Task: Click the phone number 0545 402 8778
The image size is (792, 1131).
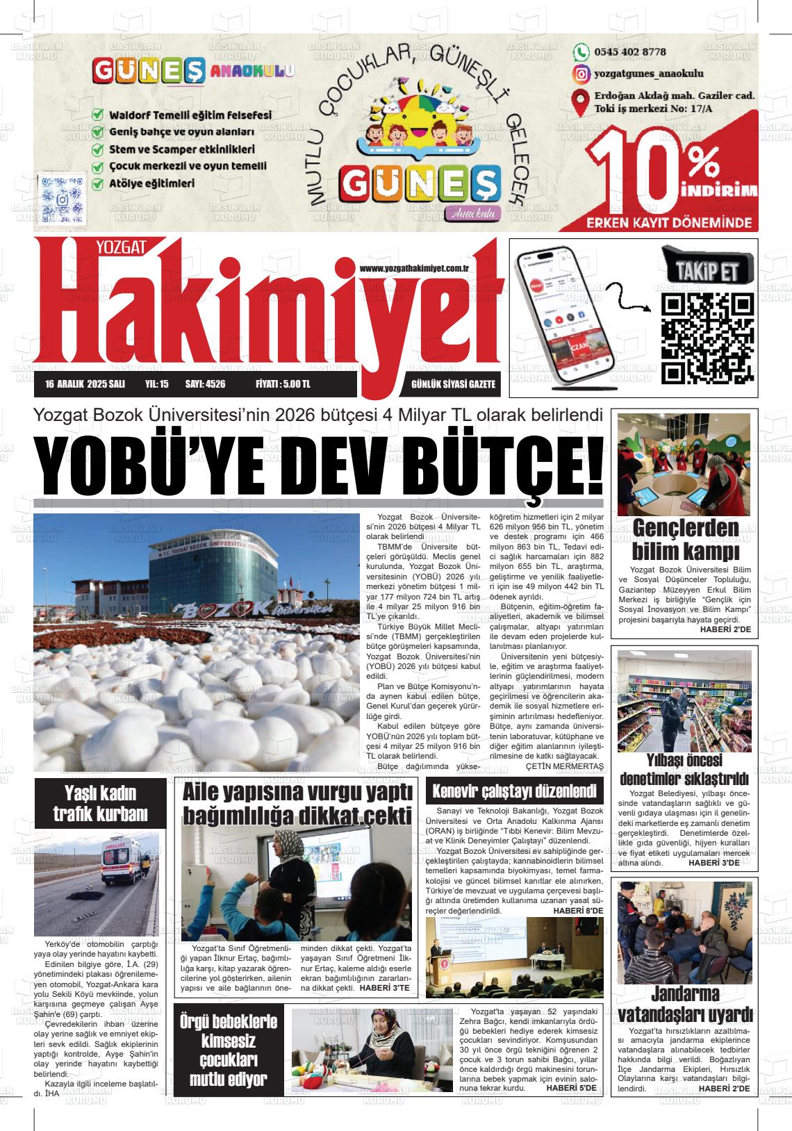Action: click(629, 52)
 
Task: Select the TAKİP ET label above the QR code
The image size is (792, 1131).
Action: click(707, 270)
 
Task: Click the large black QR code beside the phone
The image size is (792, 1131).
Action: click(707, 338)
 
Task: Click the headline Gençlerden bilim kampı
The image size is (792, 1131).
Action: click(685, 540)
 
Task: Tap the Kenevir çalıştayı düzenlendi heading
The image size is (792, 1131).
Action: click(515, 791)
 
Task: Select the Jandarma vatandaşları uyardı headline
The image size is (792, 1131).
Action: click(685, 1003)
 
